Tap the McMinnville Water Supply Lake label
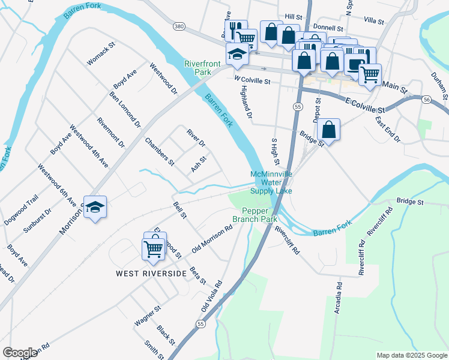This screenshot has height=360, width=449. coord(271,182)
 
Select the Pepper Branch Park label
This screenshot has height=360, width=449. coord(259,215)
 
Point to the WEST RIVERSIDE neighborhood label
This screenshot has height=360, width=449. coord(151,274)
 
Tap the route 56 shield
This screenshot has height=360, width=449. coord(426,99)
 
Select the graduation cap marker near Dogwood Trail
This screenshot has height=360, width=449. coord(95,207)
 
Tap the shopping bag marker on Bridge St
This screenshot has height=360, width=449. coord(328,129)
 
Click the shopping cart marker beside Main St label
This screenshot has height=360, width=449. coord(369,74)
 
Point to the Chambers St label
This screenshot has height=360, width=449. coord(160,152)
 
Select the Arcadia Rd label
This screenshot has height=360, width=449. coord(339,298)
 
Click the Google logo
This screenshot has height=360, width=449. coord(20,353)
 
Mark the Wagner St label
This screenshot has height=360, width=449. coord(148,316)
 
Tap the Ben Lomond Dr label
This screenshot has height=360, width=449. coord(125,110)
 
